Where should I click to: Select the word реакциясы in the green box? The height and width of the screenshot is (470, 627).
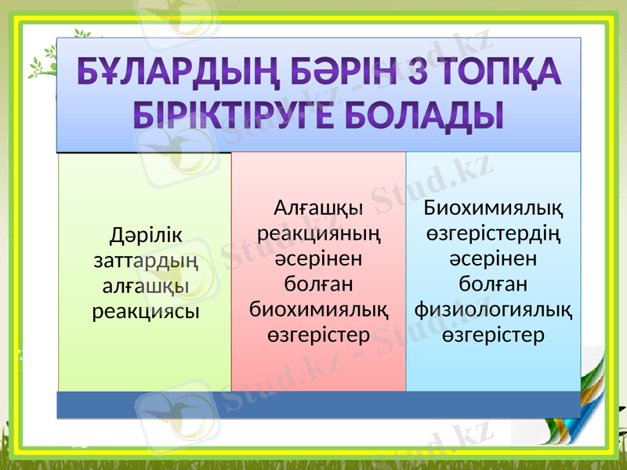click(145, 311)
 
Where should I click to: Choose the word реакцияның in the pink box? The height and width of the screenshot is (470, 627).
click(318, 233)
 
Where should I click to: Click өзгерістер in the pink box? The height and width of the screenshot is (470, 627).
click(318, 334)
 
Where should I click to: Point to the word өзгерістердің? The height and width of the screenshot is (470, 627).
click(493, 233)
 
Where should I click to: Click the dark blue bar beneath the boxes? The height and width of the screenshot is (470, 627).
click(318, 404)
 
